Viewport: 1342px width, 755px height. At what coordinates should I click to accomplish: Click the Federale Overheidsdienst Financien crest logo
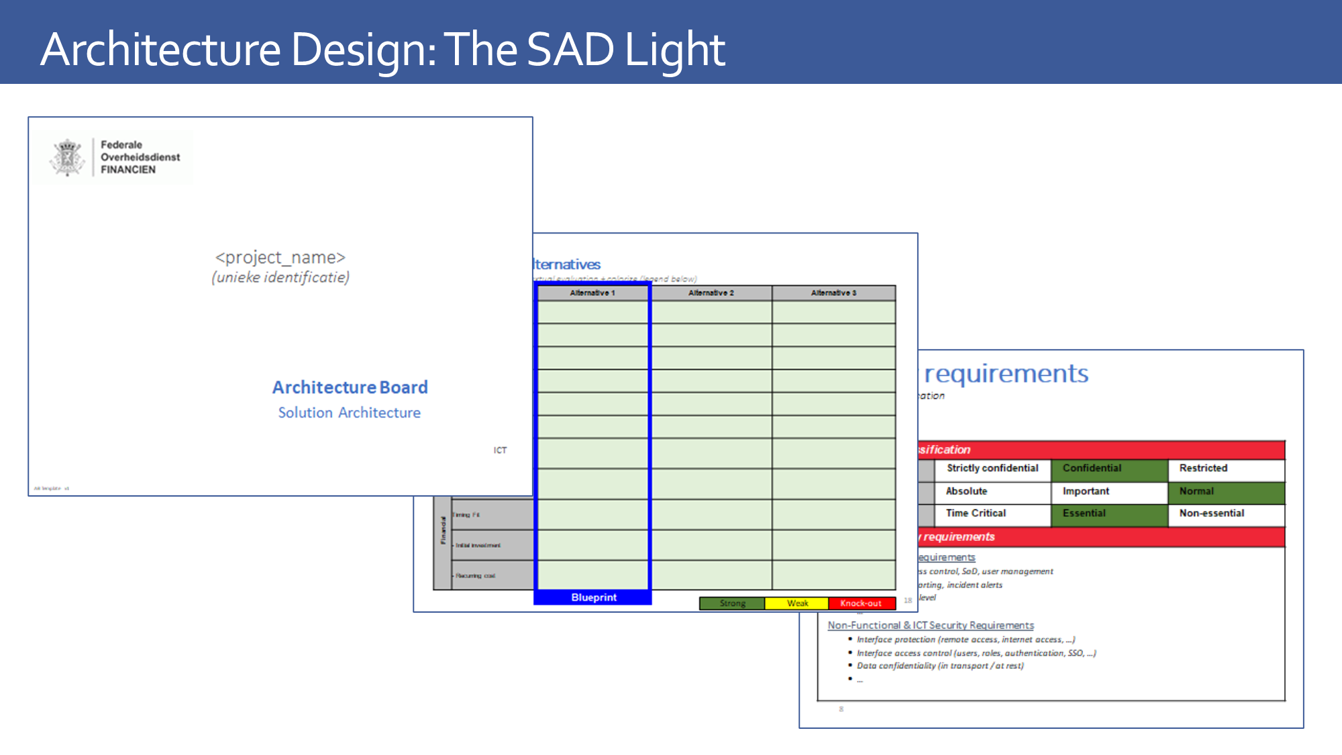[67, 157]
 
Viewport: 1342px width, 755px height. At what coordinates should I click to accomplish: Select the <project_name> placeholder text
[280, 258]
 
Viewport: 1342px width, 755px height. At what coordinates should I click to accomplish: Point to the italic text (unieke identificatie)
[280, 278]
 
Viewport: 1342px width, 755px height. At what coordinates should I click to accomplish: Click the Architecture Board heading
[350, 387]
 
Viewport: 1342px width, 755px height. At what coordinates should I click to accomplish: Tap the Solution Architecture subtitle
[350, 413]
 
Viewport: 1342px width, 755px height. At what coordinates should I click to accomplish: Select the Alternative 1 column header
[592, 293]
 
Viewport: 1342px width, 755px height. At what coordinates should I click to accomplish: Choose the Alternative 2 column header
[711, 293]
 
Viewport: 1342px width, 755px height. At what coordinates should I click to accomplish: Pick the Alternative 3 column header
[833, 293]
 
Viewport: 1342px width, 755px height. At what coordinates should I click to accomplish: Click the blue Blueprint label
[594, 597]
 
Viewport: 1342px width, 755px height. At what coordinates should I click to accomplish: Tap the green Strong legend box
[732, 603]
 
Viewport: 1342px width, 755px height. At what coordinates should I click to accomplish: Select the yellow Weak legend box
[797, 603]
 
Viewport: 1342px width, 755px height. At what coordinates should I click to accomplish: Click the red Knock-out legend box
[861, 603]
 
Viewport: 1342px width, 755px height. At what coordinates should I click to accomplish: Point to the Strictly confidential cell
[992, 468]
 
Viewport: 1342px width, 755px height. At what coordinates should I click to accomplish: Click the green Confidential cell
[1109, 468]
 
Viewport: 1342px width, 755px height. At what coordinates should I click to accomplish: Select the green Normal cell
[1226, 491]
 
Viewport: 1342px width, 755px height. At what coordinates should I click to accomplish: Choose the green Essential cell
[1109, 513]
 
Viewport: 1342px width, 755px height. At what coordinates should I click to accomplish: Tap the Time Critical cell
[992, 513]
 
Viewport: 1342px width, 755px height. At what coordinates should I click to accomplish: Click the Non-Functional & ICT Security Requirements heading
[931, 625]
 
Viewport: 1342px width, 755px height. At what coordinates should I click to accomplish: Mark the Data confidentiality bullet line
[940, 666]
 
